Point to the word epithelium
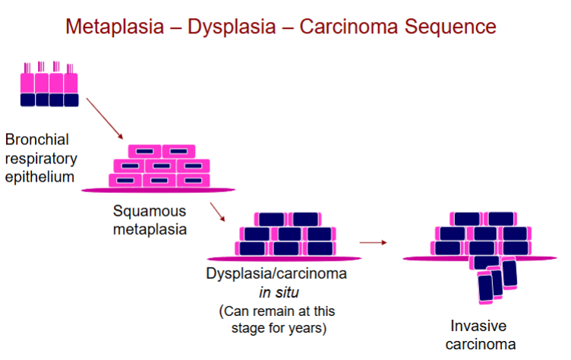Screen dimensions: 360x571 pos(39,177)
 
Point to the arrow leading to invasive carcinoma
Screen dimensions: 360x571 pos(372,242)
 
